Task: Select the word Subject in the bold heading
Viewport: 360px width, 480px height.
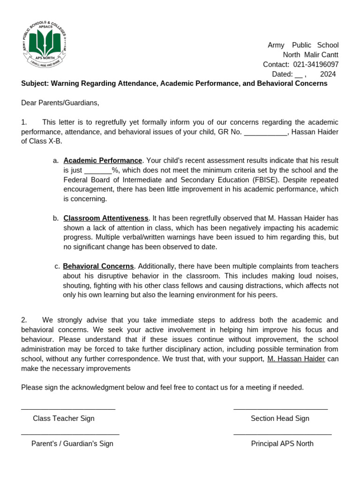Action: (x=35, y=83)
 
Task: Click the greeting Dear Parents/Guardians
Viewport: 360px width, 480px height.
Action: (x=60, y=103)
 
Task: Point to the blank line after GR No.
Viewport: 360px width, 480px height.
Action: (x=265, y=132)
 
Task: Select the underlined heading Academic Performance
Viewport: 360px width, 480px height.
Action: (x=103, y=161)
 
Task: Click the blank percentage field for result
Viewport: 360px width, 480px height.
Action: (x=98, y=170)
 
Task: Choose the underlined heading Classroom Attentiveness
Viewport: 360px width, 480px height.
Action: (x=106, y=218)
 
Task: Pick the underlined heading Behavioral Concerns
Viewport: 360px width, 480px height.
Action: (x=98, y=266)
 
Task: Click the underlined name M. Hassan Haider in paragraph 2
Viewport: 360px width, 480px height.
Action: (x=296, y=359)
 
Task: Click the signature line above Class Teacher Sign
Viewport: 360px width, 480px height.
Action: (x=68, y=409)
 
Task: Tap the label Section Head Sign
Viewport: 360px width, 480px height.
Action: (x=280, y=419)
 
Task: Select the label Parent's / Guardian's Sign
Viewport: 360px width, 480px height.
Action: (x=72, y=443)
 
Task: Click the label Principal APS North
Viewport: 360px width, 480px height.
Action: (x=282, y=443)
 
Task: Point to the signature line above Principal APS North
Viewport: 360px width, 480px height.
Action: (x=282, y=435)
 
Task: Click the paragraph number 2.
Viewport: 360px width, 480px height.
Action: (x=23, y=320)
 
